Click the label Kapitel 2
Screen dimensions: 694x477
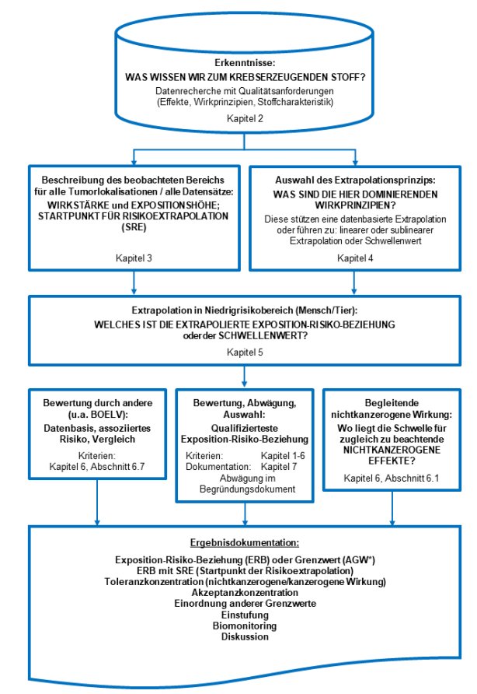click(245, 118)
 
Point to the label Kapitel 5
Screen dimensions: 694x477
click(245, 352)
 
